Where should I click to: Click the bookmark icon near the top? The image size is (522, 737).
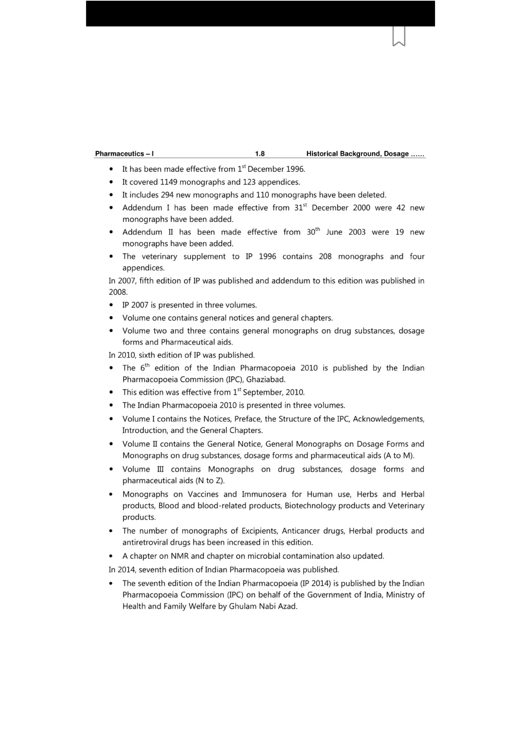399,36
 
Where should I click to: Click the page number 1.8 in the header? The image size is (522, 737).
260,154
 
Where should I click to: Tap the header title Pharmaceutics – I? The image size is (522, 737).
124,154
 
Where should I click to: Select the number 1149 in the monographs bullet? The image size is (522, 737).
169,182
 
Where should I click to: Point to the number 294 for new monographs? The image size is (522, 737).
167,195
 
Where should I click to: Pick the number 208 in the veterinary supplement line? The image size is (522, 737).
325,257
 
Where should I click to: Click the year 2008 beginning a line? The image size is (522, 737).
118,292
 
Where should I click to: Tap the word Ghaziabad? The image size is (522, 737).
266,379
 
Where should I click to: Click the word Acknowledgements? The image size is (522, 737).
388,419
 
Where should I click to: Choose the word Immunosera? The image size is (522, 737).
264,494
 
